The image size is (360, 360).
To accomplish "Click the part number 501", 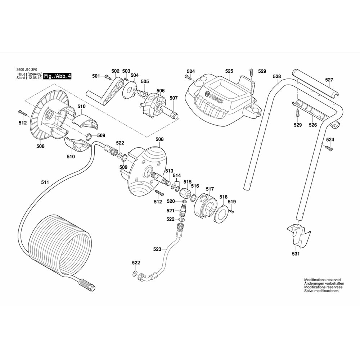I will pos(95,76).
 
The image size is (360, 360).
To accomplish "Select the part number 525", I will pos(229,71).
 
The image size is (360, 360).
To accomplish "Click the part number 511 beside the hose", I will pos(45,183).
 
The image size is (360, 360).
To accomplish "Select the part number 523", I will pos(157,249).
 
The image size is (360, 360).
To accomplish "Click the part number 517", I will pos(210,189).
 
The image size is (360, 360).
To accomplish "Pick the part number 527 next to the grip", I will pos(329,80).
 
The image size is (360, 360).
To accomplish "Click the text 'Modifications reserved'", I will pos(322,280).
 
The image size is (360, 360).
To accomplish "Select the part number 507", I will pos(174,98).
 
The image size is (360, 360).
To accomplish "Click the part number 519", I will pos(232,202).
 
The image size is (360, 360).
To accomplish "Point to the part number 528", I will pos(277,76).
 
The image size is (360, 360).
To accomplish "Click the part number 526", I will pos(312,125).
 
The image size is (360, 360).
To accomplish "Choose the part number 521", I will pos(170,210).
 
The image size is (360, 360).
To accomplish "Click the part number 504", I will pos(134,75).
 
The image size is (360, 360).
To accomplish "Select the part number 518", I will pos(224,197).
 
